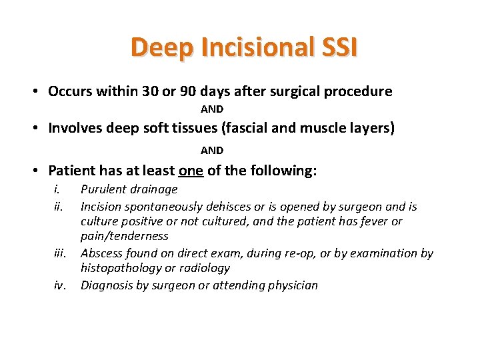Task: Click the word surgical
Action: pos(294,91)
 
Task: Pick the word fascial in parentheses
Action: pos(237,128)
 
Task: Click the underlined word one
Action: pos(192,171)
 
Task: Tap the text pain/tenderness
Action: pos(124,236)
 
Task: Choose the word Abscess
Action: pos(101,253)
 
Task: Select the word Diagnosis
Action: pos(105,285)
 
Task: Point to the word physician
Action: pos(291,285)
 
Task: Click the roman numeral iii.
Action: pos(59,253)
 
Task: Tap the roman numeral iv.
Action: pos(59,285)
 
